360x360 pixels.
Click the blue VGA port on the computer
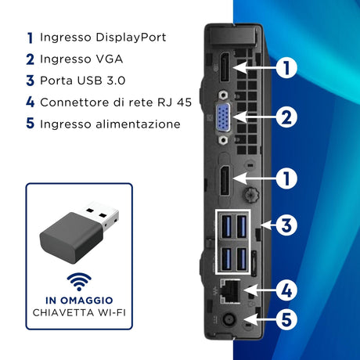pyautogui.click(x=223, y=117)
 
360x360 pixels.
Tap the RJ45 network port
pyautogui.click(x=229, y=291)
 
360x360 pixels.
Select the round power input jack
pyautogui.click(x=229, y=319)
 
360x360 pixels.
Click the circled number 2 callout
pyautogui.click(x=286, y=117)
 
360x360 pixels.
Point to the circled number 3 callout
pyautogui.click(x=286, y=225)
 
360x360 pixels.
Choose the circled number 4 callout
pyautogui.click(x=286, y=290)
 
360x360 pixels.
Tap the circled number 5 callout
pyautogui.click(x=286, y=319)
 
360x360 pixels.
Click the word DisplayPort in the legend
pyautogui.click(x=131, y=38)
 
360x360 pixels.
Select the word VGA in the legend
pyautogui.click(x=110, y=59)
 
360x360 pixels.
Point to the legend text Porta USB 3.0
pyautogui.click(x=83, y=81)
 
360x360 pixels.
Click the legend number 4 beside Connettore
pyautogui.click(x=31, y=102)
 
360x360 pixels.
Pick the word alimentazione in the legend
pyautogui.click(x=138, y=124)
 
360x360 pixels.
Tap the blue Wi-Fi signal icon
pyautogui.click(x=79, y=282)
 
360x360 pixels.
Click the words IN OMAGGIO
pyautogui.click(x=79, y=301)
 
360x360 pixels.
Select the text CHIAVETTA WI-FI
pyautogui.click(x=79, y=312)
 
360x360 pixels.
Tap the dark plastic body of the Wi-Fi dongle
pyautogui.click(x=71, y=237)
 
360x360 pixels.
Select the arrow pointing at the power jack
pyautogui.click(x=260, y=319)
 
